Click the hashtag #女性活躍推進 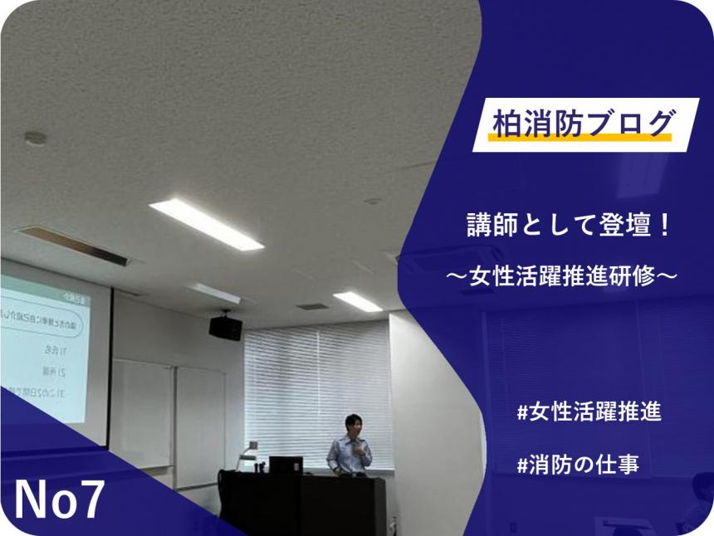589,412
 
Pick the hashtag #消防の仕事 578,465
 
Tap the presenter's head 354,423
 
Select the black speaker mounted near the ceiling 225,327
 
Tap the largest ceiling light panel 206,223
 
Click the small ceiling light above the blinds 358,300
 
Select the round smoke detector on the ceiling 35,139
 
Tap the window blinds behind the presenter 315,373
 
